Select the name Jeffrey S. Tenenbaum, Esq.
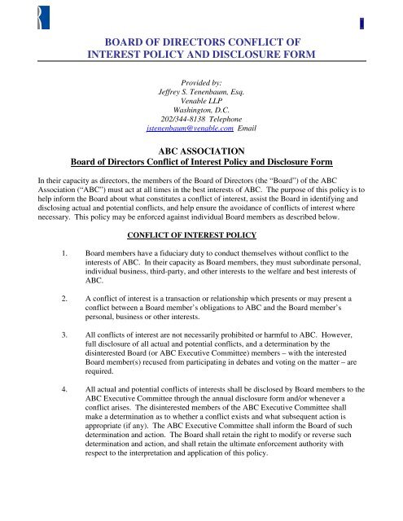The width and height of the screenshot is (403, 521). click(x=200, y=94)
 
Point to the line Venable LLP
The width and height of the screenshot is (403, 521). click(x=200, y=106)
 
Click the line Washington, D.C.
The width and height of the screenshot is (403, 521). click(x=200, y=117)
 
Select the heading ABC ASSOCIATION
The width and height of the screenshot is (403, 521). click(x=200, y=151)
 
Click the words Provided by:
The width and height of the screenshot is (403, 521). click(x=200, y=82)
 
